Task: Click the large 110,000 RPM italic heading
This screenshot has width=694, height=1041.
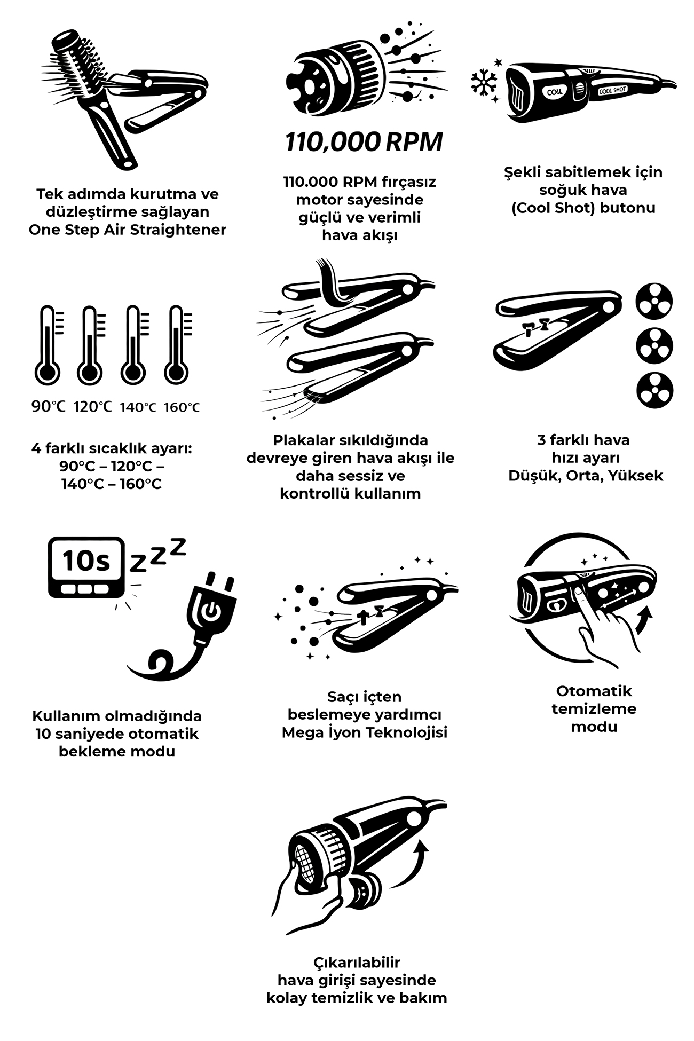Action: click(364, 142)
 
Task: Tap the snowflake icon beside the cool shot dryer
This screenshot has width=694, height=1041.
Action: click(484, 83)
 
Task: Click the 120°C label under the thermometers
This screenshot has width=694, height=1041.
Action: click(93, 407)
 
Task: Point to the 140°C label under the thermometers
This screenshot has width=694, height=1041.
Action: click(138, 407)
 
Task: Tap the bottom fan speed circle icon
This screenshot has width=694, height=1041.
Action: click(654, 390)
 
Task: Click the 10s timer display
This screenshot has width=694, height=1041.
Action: click(86, 567)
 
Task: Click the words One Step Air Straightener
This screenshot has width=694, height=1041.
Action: click(128, 230)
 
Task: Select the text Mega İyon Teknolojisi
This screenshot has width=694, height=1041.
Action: click(365, 732)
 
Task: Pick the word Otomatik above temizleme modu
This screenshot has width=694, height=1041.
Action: click(594, 691)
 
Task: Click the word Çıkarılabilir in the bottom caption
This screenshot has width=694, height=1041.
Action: click(357, 962)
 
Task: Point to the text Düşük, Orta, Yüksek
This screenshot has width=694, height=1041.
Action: click(586, 475)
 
